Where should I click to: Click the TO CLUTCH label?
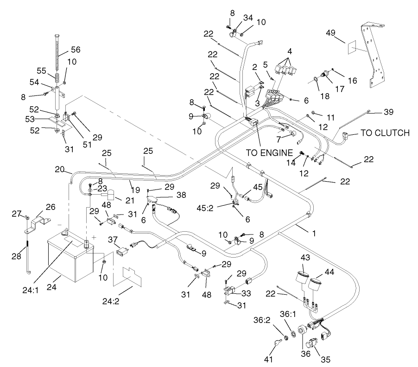(x=385, y=133)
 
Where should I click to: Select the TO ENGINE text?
(x=263, y=152)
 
